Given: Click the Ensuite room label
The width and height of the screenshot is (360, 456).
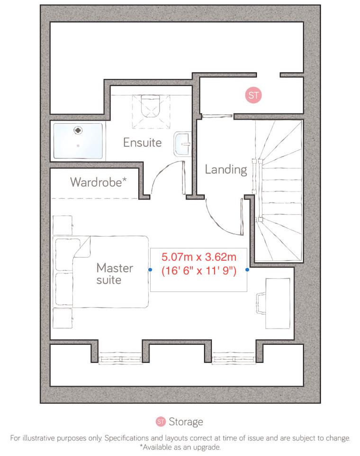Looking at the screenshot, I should click(x=142, y=142).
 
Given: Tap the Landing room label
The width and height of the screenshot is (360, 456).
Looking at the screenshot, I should click(x=225, y=169).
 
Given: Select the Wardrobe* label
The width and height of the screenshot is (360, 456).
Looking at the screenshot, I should click(x=98, y=182).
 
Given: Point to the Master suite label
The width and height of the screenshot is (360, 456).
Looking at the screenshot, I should click(x=115, y=274).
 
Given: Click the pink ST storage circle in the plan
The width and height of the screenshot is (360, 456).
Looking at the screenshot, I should click(x=253, y=95).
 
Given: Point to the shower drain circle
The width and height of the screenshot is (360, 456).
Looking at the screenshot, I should click(x=77, y=128).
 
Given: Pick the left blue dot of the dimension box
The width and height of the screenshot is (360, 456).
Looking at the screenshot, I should click(x=150, y=270).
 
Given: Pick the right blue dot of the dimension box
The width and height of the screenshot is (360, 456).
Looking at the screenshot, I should click(x=247, y=270).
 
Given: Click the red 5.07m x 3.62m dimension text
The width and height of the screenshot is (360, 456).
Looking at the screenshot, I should click(x=198, y=258).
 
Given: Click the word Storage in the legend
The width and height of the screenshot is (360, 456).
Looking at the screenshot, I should click(x=186, y=422).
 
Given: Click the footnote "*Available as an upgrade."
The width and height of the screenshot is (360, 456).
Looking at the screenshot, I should click(x=180, y=447).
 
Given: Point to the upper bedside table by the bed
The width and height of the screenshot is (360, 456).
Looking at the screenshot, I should click(x=63, y=225).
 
